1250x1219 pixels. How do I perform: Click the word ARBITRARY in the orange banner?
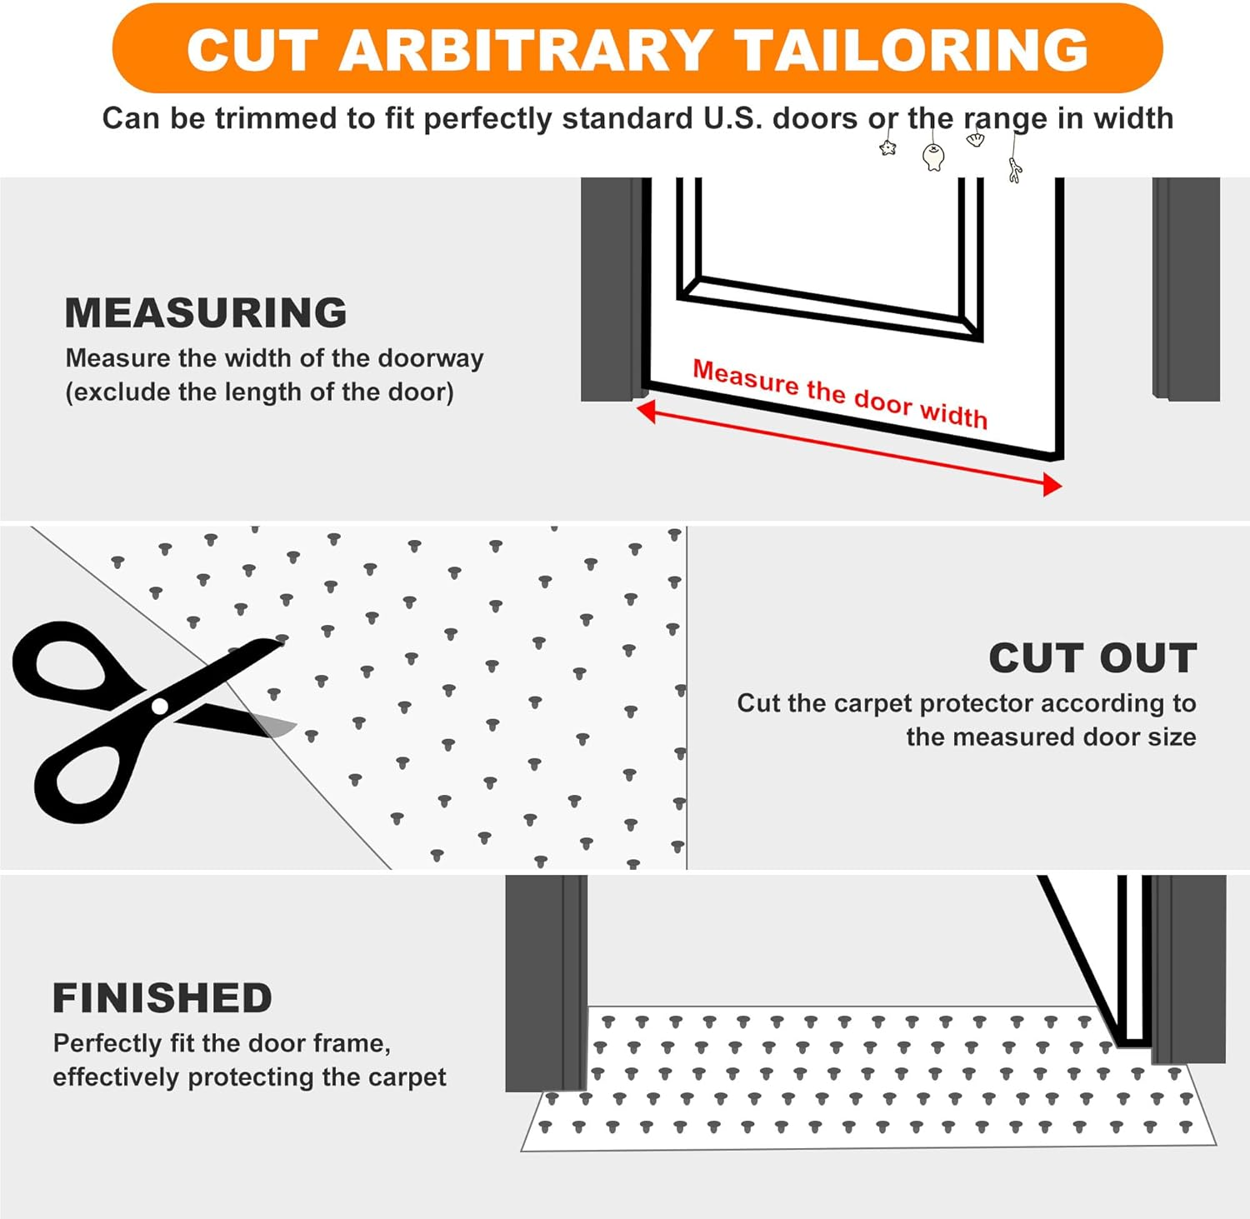pyautogui.click(x=524, y=50)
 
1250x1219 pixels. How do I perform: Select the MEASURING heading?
pyautogui.click(x=206, y=313)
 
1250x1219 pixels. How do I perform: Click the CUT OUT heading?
pyautogui.click(x=1092, y=658)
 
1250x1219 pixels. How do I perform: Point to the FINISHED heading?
pyautogui.click(x=162, y=998)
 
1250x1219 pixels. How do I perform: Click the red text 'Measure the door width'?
pyautogui.click(x=840, y=394)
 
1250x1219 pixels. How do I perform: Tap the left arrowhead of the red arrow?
pyautogui.click(x=646, y=410)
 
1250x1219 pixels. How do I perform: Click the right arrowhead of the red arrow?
pyautogui.click(x=1052, y=485)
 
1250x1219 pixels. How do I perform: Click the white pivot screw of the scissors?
pyautogui.click(x=160, y=707)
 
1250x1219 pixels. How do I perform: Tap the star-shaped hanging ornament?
pyautogui.click(x=887, y=148)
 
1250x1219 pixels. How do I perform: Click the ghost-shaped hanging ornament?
pyautogui.click(x=933, y=156)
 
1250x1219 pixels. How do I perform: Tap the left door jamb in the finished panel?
pyautogui.click(x=546, y=983)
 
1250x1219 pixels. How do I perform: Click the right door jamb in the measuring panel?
pyautogui.click(x=1186, y=287)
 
